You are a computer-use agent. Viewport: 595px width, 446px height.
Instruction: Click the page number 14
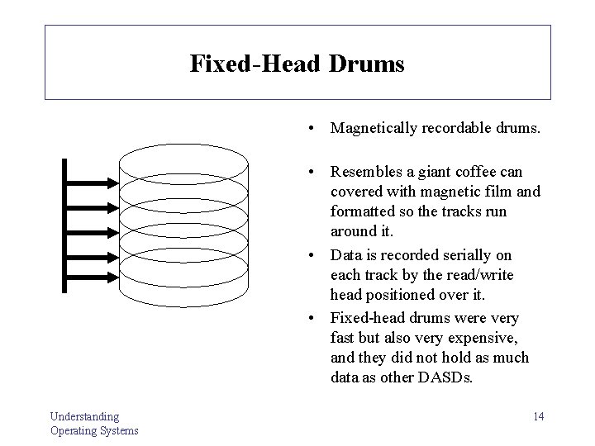tap(538, 416)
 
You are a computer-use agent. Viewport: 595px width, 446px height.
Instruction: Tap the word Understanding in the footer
tap(84, 416)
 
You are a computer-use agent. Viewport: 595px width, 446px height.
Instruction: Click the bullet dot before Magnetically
tap(307, 129)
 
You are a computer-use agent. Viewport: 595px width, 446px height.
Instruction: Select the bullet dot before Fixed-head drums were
tap(307, 318)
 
